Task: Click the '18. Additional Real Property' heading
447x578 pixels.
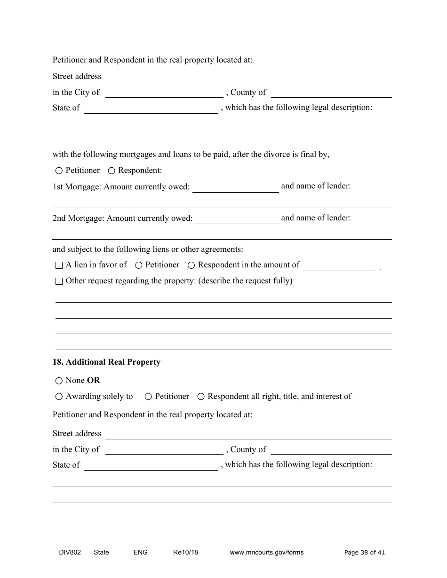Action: (106, 362)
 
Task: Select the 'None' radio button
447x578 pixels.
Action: (59, 381)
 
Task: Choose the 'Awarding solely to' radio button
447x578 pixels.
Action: (59, 397)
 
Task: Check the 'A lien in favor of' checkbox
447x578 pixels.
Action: (59, 266)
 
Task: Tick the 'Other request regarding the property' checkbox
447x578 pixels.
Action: (59, 281)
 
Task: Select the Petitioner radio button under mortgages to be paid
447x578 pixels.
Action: (59, 171)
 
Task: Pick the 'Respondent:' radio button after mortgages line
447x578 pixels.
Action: (112, 171)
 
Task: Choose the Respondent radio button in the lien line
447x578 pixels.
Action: (191, 266)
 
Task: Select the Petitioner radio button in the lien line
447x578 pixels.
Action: (139, 266)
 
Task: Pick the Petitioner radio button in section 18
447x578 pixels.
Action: (148, 397)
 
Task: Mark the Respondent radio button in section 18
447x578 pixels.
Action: (201, 397)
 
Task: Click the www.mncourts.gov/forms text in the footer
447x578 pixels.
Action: (266, 553)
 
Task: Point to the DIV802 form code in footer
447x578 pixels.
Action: (67, 553)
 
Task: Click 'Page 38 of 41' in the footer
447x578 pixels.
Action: (364, 553)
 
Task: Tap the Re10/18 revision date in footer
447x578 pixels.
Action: (185, 553)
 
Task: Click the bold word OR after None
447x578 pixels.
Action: (94, 381)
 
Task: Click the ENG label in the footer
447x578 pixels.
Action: (140, 553)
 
